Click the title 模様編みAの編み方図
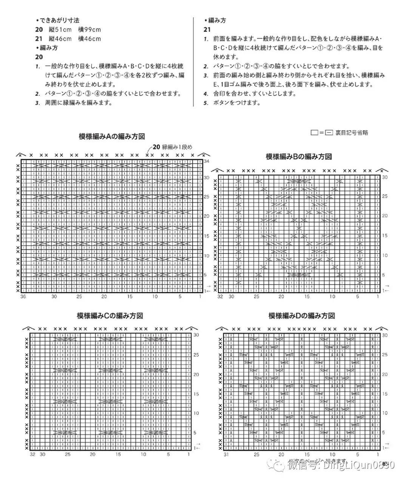112,137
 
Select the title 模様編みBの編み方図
299,156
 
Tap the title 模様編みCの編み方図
110,316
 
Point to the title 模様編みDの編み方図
301,315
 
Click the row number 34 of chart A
207,161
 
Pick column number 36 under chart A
23,297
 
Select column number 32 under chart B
220,297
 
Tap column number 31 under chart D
226,455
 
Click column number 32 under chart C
32,455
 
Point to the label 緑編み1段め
172,147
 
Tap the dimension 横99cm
90,29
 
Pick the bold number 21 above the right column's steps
207,29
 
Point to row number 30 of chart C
196,335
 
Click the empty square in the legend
314,133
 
